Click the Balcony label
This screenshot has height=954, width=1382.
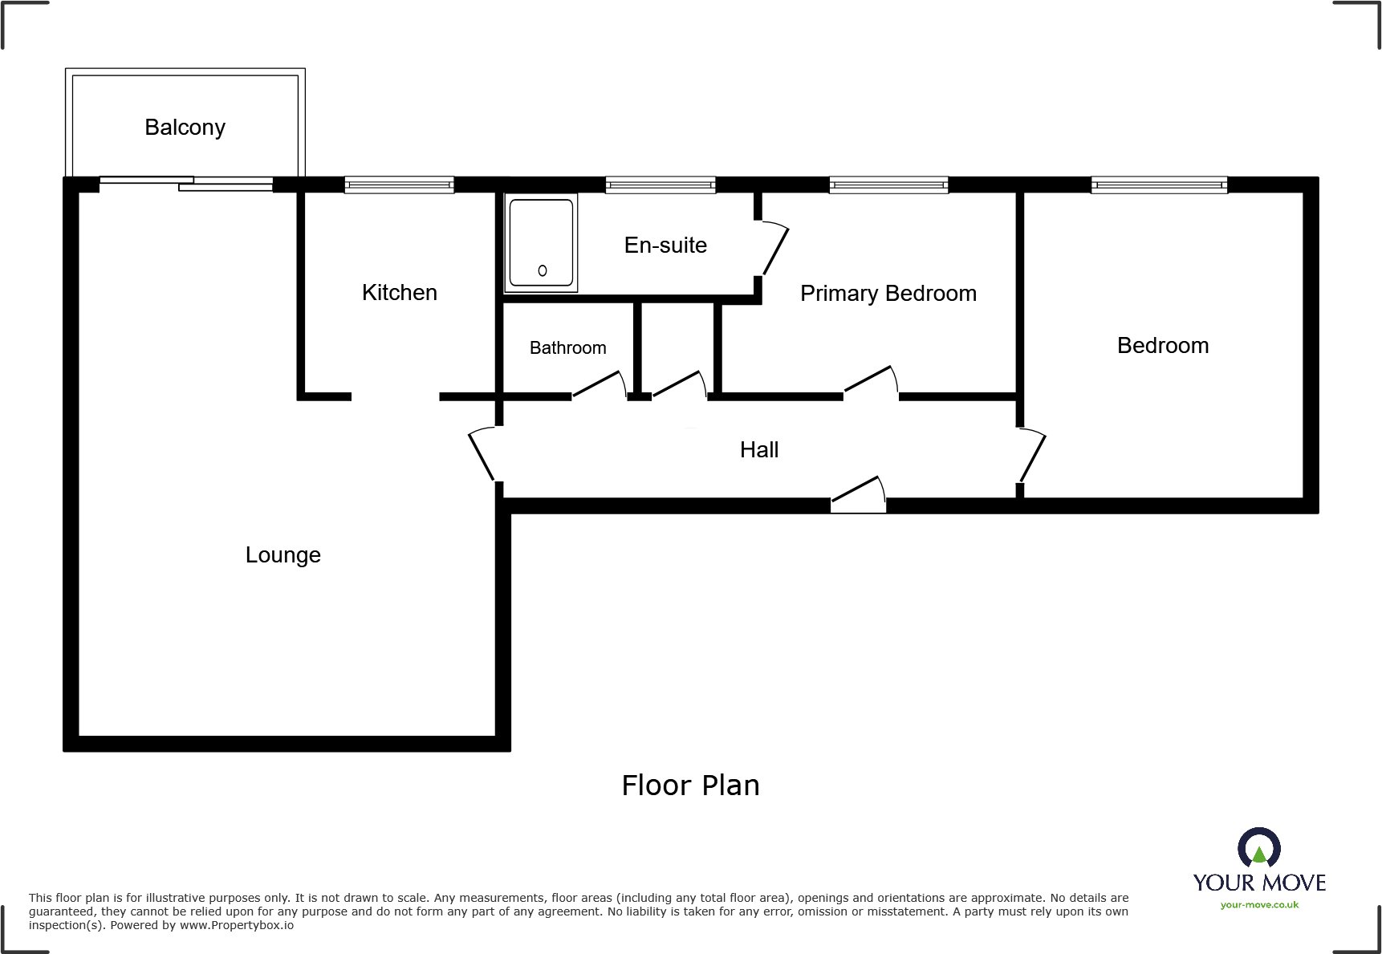click(185, 128)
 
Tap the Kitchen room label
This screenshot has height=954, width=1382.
click(399, 293)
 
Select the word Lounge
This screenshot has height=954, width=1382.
click(282, 555)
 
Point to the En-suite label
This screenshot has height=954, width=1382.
click(665, 246)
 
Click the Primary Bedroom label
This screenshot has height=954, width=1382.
click(888, 294)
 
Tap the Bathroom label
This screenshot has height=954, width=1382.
click(567, 348)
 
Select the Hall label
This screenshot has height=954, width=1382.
click(758, 450)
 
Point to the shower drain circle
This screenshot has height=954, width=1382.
click(543, 271)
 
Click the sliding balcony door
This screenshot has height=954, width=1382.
click(186, 184)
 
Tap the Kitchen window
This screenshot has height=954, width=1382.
click(399, 185)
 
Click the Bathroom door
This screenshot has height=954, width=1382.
click(598, 384)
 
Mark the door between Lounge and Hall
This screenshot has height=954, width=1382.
click(482, 454)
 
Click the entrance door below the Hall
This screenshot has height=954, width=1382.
click(858, 493)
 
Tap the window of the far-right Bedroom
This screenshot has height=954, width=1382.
click(1159, 185)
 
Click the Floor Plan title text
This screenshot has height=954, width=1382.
click(690, 786)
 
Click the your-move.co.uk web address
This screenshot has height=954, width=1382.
click(1259, 905)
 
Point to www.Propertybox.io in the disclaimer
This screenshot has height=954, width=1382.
click(236, 926)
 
